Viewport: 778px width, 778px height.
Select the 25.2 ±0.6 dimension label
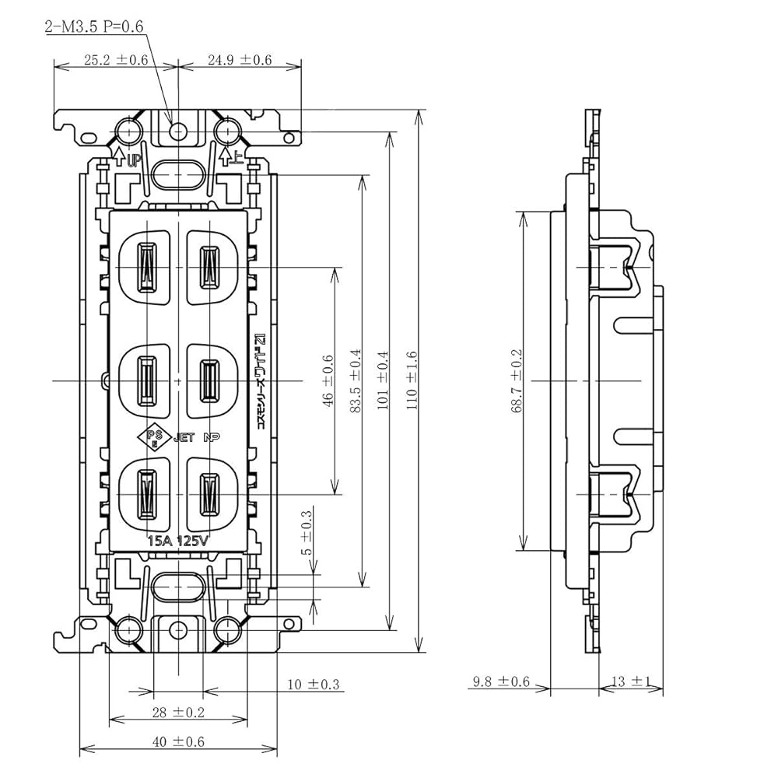pyautogui.click(x=116, y=60)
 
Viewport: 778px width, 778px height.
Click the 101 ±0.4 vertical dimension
pyautogui.click(x=382, y=380)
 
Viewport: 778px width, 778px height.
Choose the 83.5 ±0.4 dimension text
pyautogui.click(x=355, y=380)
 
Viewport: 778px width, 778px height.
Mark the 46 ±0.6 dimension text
pyautogui.click(x=327, y=380)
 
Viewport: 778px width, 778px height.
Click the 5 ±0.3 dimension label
pyautogui.click(x=307, y=532)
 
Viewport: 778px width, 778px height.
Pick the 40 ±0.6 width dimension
pyautogui.click(x=177, y=742)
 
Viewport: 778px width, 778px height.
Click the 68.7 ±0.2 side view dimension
pyautogui.click(x=517, y=380)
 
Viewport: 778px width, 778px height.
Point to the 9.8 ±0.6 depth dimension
pyautogui.click(x=500, y=682)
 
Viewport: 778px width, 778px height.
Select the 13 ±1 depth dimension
pyautogui.click(x=630, y=682)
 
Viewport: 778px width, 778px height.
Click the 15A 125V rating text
pyautogui.click(x=178, y=541)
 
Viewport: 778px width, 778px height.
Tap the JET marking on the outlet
pyautogui.click(x=184, y=438)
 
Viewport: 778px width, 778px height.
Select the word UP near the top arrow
pyautogui.click(x=133, y=161)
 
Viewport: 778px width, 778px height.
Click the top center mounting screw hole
pyautogui.click(x=179, y=130)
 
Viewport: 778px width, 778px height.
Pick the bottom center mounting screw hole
pyautogui.click(x=179, y=629)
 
